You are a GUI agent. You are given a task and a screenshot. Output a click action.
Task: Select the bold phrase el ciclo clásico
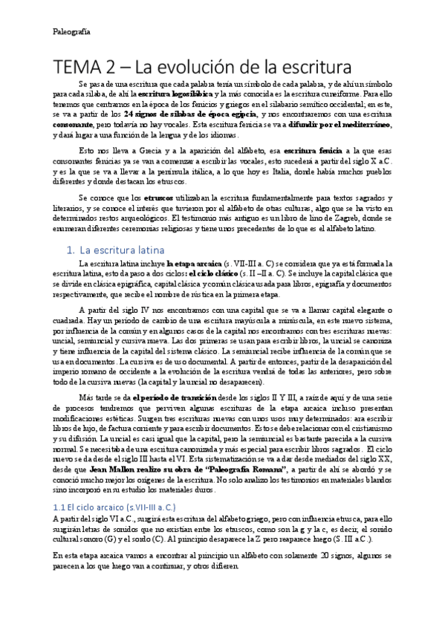click(209, 274)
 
